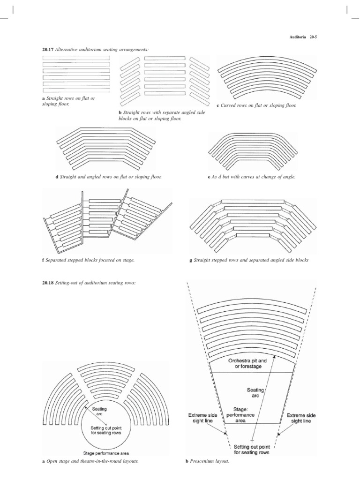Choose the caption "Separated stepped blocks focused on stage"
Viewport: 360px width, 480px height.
point(90,260)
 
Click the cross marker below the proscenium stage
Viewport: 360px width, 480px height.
point(253,441)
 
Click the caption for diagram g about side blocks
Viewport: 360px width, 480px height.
point(250,260)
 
